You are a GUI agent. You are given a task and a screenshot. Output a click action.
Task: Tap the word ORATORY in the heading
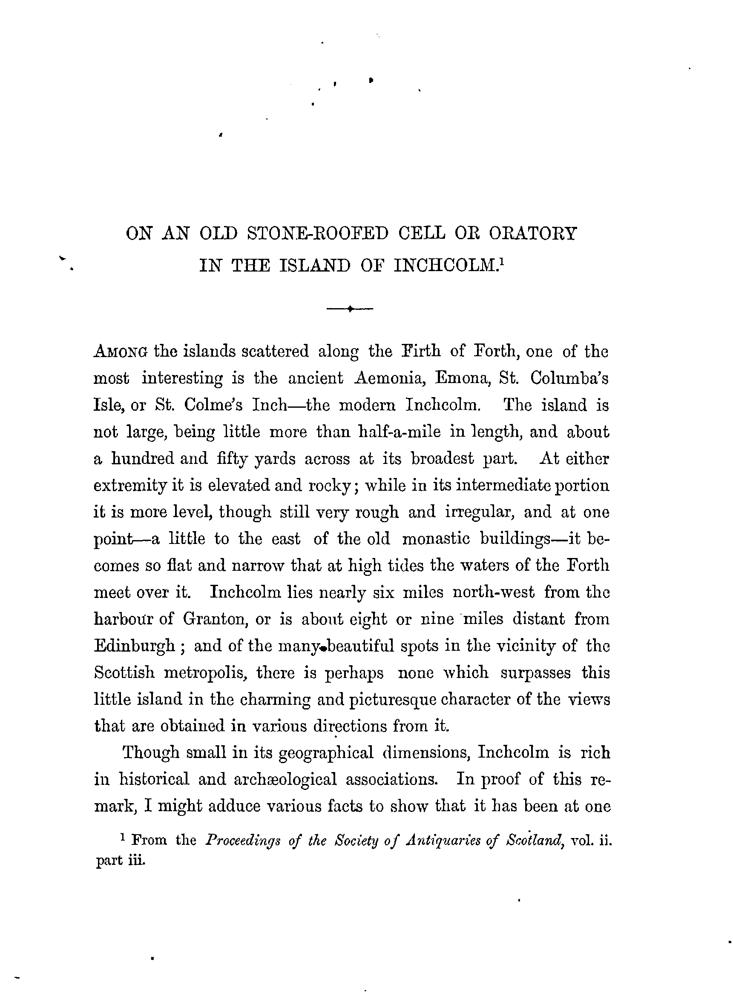[532, 234]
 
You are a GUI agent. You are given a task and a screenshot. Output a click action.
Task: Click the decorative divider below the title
[350, 309]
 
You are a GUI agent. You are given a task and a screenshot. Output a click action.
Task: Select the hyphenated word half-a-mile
[400, 432]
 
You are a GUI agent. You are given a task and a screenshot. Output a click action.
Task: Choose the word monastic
[436, 538]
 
